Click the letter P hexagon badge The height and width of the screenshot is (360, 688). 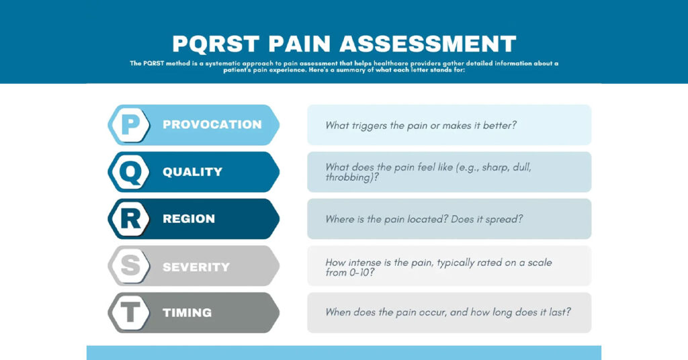130,125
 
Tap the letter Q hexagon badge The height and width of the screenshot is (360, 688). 130,172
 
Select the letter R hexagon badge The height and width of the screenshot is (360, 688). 130,219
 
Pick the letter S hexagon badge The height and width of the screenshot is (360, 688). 130,266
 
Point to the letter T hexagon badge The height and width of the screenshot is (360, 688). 130,313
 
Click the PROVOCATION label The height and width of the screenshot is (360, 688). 212,125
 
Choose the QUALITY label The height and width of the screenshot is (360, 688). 192,172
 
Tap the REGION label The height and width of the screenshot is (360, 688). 189,219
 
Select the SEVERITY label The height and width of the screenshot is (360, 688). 196,267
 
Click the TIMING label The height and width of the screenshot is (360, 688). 187,313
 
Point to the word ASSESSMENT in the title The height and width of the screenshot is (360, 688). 427,44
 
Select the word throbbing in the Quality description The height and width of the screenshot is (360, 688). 349,178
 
